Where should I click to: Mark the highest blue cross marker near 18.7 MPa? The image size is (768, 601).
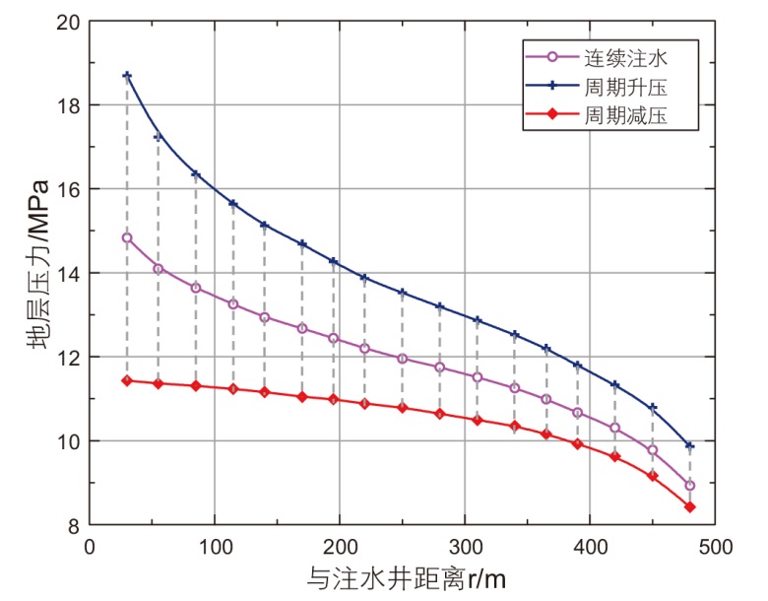(x=127, y=76)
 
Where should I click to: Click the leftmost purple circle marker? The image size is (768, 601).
(x=127, y=237)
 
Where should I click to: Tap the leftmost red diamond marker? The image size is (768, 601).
(x=127, y=380)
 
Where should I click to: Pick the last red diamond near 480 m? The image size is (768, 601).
(x=690, y=506)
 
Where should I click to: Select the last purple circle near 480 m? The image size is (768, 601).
(x=690, y=485)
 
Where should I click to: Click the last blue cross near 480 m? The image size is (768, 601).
(x=690, y=446)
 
